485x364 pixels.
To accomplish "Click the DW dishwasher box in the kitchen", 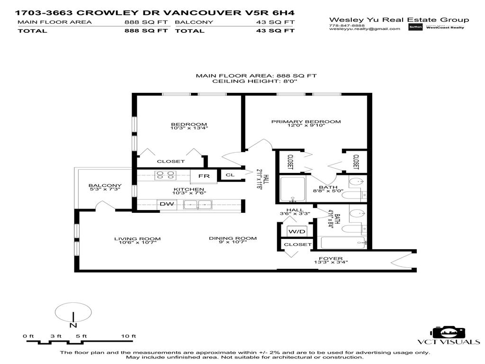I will (166, 205).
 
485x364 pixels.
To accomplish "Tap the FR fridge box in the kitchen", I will (204, 176).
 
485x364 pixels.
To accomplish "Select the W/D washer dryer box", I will (297, 231).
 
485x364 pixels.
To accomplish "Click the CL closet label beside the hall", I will (230, 175).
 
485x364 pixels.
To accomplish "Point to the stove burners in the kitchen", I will (163, 176).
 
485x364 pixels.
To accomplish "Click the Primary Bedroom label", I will (305, 122).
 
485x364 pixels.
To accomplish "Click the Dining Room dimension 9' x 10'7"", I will (233, 243).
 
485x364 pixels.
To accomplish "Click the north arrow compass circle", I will (73, 314).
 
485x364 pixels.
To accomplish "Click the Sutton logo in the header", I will (415, 27).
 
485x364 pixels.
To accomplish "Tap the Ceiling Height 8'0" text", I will (256, 82).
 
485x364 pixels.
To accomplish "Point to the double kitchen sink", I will (198, 205).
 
